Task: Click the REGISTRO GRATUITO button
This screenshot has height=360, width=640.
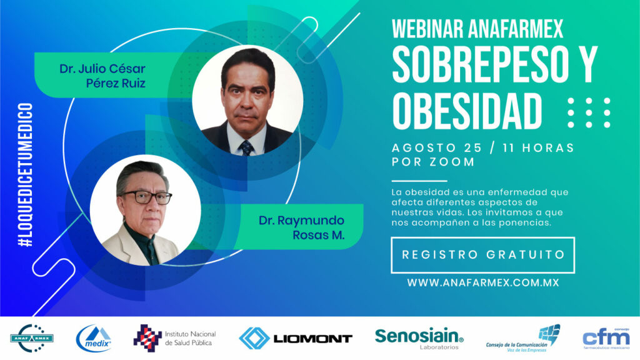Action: pos(483,255)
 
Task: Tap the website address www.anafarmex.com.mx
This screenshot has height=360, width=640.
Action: pos(483,283)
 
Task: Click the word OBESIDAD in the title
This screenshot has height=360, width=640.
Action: pos(467,111)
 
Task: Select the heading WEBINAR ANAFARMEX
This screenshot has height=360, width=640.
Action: pos(477,29)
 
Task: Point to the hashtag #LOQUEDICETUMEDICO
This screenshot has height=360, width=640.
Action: pos(25,175)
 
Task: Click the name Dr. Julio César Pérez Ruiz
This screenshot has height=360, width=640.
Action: pos(102,76)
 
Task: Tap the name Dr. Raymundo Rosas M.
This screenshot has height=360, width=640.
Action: pos(302,227)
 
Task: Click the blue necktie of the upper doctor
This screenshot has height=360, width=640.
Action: pos(246,147)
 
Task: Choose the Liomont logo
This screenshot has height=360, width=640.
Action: pos(296,338)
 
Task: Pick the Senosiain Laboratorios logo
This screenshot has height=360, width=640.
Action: pos(419,339)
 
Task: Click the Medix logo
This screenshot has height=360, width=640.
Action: pos(94,338)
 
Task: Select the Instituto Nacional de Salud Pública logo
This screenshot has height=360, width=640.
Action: pos(175,338)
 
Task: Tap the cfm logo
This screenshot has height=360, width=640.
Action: pos(606,338)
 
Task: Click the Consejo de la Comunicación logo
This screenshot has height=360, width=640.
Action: pos(523,338)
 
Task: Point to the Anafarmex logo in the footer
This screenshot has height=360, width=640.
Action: pos(32,338)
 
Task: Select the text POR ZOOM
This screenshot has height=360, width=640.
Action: pos(433,162)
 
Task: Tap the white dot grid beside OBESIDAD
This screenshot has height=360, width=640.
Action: pos(589,112)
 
